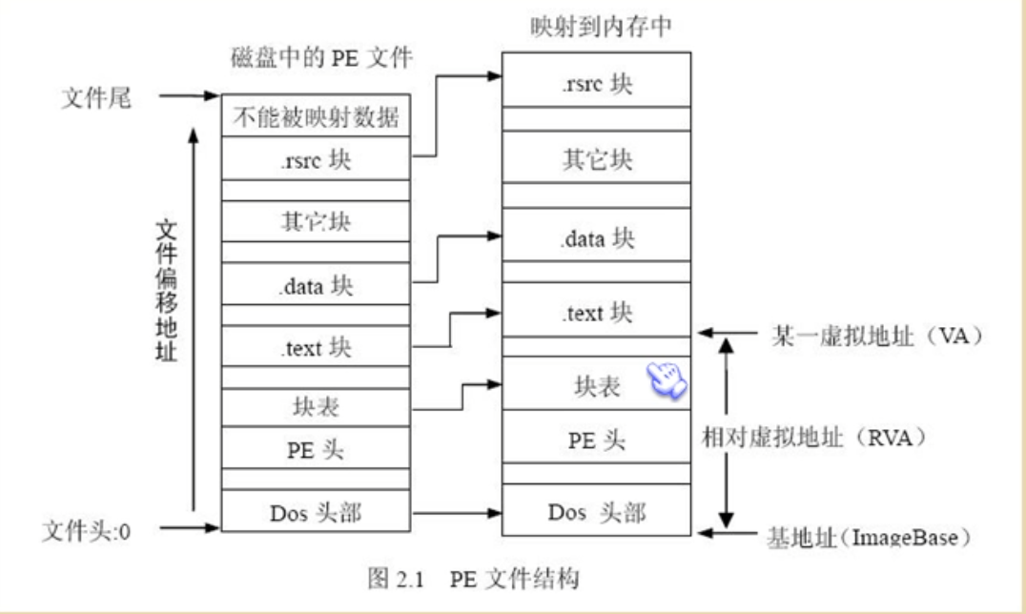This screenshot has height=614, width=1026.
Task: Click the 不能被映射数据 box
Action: tap(316, 118)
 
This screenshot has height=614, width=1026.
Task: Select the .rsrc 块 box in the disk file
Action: tap(316, 160)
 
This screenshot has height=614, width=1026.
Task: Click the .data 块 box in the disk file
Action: tap(316, 285)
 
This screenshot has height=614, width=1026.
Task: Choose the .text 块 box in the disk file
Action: tap(316, 347)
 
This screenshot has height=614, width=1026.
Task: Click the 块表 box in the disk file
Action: tap(316, 407)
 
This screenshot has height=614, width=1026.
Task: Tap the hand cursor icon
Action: tap(667, 379)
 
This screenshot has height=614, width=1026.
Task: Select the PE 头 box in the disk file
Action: tap(316, 448)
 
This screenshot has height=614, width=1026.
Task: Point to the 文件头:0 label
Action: tap(86, 528)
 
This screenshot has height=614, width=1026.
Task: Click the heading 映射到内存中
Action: tap(602, 29)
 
